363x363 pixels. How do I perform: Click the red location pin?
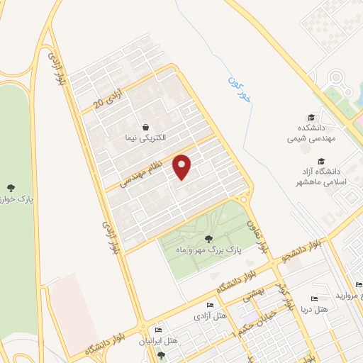tap(183, 167)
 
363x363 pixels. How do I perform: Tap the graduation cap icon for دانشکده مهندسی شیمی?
tap(311, 118)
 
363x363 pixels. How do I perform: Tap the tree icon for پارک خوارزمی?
tap(11, 188)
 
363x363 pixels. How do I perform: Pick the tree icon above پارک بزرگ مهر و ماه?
tap(208, 239)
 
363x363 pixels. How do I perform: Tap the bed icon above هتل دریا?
tap(315, 299)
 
